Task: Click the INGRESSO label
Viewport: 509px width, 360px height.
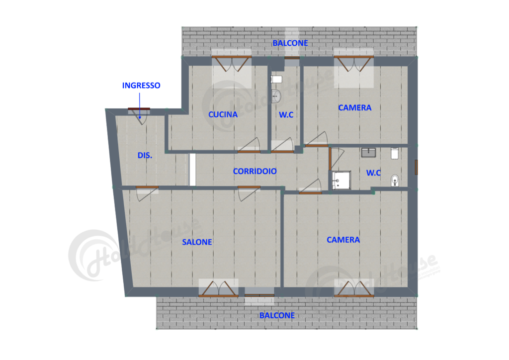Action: point(141,86)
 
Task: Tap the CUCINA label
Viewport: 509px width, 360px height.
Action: point(223,114)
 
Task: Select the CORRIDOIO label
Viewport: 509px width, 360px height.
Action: point(254,171)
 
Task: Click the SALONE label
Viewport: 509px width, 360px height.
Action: point(197,242)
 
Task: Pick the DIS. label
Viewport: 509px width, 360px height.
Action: point(145,156)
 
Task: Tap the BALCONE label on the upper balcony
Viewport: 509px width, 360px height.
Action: point(290,43)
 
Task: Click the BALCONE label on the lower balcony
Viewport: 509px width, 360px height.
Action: point(277,315)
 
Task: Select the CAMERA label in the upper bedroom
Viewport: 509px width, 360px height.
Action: point(354,107)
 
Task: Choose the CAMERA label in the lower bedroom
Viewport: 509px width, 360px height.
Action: point(343,240)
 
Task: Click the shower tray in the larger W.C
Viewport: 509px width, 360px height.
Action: point(340,180)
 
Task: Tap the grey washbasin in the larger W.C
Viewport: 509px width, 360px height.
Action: point(369,152)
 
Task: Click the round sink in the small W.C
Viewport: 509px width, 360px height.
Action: point(276,95)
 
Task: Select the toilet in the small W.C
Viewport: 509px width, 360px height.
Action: point(276,79)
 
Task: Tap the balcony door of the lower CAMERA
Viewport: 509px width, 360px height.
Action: point(353,290)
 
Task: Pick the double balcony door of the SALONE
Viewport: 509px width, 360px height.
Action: point(218,290)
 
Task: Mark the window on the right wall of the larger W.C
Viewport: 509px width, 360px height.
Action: point(417,168)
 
